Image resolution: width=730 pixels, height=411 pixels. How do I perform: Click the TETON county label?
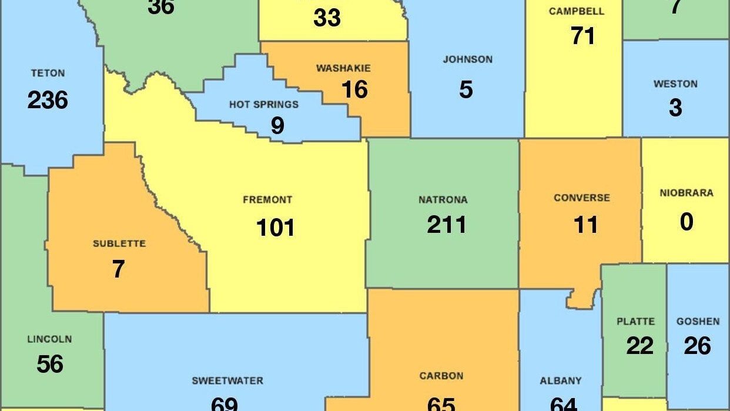click(48, 73)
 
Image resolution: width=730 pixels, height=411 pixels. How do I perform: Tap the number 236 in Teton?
click(48, 101)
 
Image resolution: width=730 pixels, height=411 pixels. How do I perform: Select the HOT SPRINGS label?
click(264, 105)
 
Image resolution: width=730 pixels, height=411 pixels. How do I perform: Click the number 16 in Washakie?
click(354, 89)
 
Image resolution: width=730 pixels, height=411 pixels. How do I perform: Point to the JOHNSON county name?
click(468, 59)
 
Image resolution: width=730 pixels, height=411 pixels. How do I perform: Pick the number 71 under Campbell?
click(583, 36)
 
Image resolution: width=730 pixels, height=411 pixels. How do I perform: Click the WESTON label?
click(675, 84)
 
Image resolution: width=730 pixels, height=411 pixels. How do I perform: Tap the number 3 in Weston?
click(675, 108)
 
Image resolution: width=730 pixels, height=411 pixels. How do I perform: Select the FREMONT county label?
click(267, 200)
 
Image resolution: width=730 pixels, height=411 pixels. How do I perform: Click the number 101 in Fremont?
click(275, 228)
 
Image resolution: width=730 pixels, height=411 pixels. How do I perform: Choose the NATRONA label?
click(443, 200)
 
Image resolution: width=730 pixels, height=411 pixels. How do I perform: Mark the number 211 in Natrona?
click(447, 225)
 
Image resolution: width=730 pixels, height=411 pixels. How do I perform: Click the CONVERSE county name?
click(582, 198)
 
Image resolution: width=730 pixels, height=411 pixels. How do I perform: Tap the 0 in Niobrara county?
click(687, 222)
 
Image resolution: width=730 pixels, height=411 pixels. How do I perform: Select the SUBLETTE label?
click(119, 243)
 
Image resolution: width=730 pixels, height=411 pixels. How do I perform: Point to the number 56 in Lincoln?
click(49, 364)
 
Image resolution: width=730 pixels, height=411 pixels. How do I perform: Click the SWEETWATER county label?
click(227, 381)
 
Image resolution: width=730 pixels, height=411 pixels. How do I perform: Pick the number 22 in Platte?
click(639, 346)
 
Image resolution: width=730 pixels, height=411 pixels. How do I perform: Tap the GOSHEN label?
click(698, 322)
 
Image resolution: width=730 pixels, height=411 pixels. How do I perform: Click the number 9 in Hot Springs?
click(277, 126)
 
